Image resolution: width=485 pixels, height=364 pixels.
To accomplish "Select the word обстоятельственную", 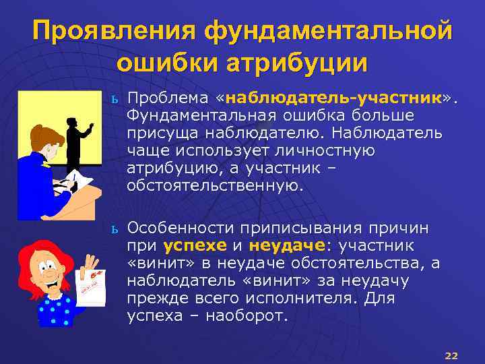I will click(x=216, y=185).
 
